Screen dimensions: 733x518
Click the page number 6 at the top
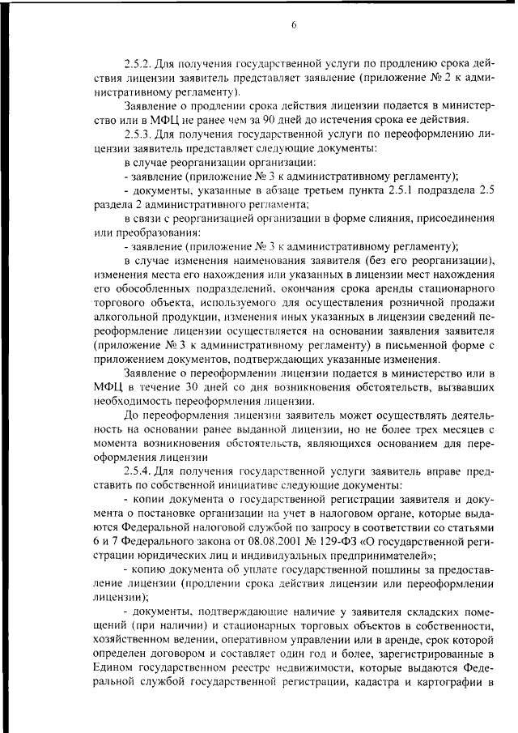pos(294,26)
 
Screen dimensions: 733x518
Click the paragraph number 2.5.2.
pos(139,63)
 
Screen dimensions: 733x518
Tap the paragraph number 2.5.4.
pos(139,471)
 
